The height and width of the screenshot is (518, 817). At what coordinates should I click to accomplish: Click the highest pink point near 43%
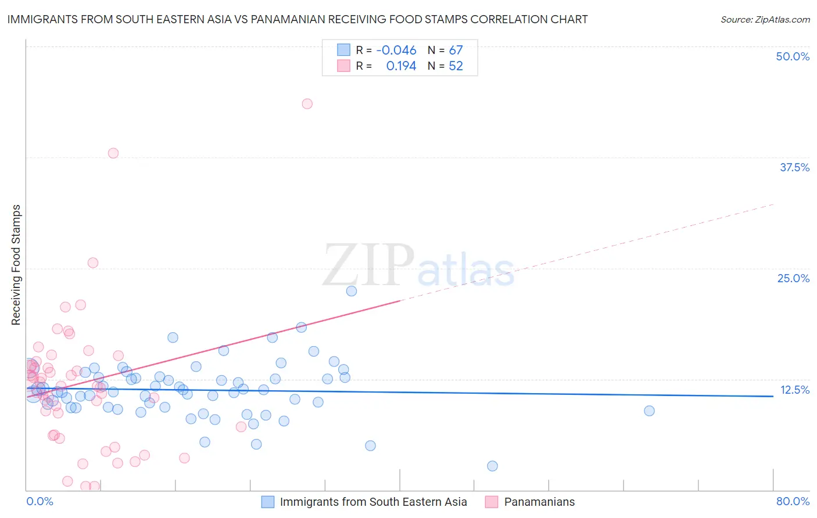(x=307, y=104)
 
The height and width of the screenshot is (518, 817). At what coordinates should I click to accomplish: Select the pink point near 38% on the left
(x=113, y=153)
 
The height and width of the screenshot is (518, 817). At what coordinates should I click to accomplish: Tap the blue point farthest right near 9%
(x=649, y=411)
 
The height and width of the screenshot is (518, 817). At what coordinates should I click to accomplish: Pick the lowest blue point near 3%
(x=492, y=466)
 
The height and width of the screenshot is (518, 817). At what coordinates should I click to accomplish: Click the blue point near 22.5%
(x=352, y=291)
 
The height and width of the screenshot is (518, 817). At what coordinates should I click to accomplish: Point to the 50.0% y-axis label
(x=793, y=56)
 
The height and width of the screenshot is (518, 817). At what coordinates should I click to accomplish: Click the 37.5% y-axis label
(x=794, y=167)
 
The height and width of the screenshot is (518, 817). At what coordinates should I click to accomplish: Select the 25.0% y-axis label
(x=793, y=278)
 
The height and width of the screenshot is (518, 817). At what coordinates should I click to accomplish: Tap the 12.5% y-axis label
(x=794, y=390)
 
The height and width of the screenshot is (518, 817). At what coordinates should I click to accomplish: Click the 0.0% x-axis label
(x=40, y=501)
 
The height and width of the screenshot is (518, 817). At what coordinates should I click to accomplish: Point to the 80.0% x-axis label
(x=793, y=501)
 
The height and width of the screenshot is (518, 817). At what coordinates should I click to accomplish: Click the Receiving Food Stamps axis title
(x=16, y=265)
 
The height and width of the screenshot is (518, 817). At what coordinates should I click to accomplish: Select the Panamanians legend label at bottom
(x=539, y=502)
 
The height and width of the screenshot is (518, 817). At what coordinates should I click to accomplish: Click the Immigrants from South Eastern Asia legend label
(x=373, y=502)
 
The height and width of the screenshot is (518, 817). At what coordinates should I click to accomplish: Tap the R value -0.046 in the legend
(x=396, y=51)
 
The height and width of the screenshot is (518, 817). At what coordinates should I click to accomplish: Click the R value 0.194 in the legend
(x=401, y=66)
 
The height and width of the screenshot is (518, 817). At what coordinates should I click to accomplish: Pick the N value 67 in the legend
(x=456, y=51)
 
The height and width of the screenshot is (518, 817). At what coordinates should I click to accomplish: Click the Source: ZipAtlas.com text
(x=765, y=20)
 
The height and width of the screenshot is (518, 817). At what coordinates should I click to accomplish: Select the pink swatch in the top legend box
(x=343, y=66)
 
